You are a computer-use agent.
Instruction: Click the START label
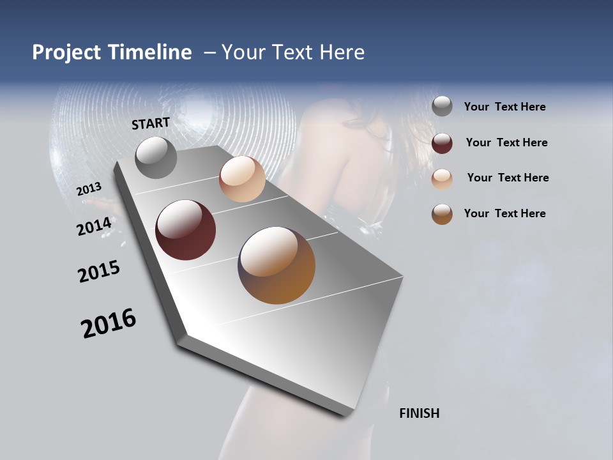151,123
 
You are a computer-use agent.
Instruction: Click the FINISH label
419,413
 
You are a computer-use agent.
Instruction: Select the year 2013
89,189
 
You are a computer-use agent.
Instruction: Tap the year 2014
94,227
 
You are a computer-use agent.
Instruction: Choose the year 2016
109,323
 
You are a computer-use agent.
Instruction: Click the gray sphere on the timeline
156,157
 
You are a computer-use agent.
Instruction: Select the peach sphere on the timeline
242,179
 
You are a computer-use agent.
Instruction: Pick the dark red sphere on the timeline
185,229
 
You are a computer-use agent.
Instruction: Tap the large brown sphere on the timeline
276,265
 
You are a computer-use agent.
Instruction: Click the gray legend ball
442,107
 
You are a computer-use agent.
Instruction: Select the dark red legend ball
442,142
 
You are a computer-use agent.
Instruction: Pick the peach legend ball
442,178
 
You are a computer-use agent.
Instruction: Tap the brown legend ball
442,214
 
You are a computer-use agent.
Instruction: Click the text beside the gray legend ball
504,107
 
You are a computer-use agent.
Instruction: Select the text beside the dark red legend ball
506,142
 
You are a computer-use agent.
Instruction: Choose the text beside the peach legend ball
508,178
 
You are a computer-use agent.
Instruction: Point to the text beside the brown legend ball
504,213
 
